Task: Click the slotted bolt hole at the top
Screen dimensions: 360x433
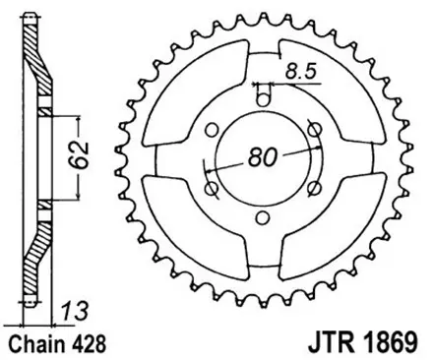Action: (x=263, y=96)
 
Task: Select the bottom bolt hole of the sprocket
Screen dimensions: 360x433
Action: (x=263, y=222)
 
